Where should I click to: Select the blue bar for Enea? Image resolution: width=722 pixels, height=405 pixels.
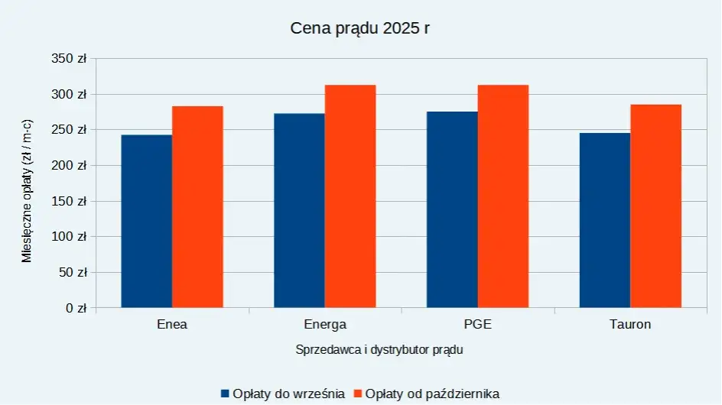tap(147, 222)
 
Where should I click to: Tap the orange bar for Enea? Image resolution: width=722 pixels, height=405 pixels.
tap(197, 207)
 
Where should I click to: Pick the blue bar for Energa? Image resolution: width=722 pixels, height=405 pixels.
tap(299, 211)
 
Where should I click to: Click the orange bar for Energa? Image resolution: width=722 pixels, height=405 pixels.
tap(350, 196)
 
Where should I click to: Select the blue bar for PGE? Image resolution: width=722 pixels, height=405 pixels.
tap(452, 210)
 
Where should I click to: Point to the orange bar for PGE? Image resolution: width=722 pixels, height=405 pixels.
tap(503, 196)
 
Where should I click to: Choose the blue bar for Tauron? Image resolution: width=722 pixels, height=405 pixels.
tap(605, 221)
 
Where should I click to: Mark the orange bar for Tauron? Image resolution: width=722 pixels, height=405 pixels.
tap(655, 206)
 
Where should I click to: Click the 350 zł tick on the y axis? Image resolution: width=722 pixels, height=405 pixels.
tap(70, 59)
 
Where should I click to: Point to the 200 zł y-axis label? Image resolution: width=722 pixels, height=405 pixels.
tap(70, 166)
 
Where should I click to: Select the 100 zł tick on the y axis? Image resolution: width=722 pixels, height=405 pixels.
tap(70, 237)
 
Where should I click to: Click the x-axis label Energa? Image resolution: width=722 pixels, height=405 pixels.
tap(325, 324)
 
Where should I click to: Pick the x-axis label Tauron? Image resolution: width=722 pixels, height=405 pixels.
tap(630, 324)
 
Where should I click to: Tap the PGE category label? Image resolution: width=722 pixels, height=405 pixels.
tap(478, 324)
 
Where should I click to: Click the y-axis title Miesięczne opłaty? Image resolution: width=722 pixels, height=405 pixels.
tap(28, 191)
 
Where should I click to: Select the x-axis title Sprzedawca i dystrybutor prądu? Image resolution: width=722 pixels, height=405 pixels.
tap(379, 350)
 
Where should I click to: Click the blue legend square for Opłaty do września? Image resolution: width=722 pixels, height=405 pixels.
tap(225, 394)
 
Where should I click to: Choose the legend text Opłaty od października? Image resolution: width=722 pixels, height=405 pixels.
tap(432, 394)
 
